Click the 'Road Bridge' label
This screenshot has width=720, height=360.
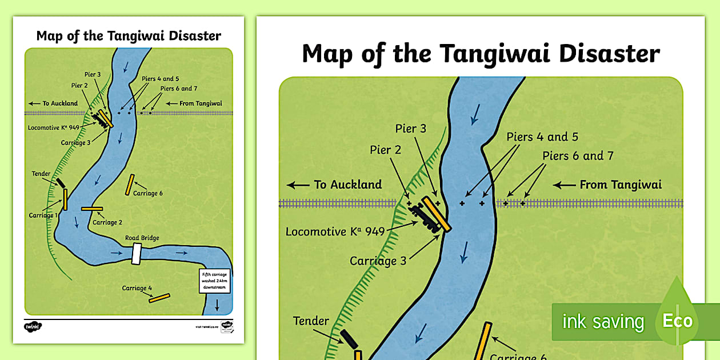[x=142, y=238]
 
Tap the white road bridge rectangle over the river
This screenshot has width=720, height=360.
[x=136, y=254]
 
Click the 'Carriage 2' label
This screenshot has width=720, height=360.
[x=107, y=222]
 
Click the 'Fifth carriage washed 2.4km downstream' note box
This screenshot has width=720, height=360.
[x=215, y=281]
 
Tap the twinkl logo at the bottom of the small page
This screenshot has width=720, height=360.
[x=33, y=326]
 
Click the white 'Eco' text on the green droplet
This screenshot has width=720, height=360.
[x=677, y=321]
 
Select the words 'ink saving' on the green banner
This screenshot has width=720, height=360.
[x=602, y=322]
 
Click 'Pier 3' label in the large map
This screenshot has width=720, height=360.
[x=411, y=129]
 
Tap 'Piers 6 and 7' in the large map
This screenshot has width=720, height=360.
[x=578, y=155]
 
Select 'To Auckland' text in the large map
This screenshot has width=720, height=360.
[x=347, y=185]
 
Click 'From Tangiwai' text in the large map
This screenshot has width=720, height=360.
[x=621, y=185]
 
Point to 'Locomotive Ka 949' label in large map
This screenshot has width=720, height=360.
[x=335, y=232]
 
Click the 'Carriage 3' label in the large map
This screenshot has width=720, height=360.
[x=378, y=261]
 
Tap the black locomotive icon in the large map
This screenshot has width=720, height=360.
[x=426, y=217]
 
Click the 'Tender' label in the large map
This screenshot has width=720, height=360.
[x=311, y=321]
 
